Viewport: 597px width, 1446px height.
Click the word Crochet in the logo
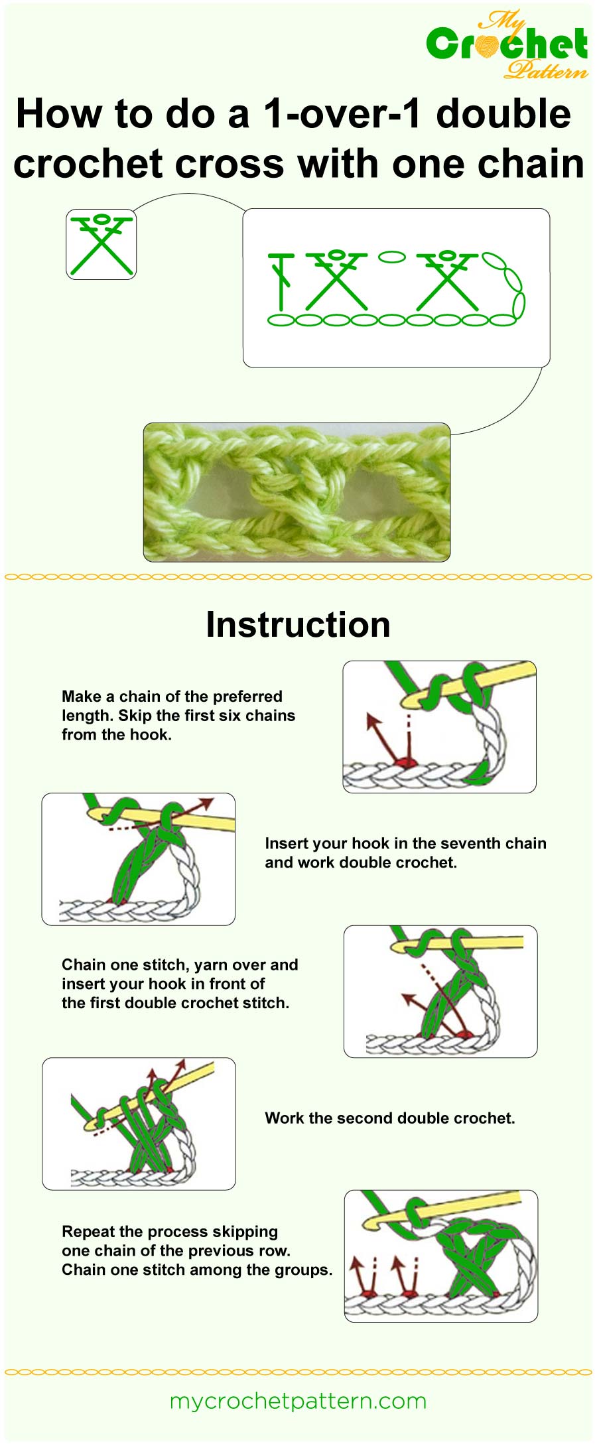coord(507,44)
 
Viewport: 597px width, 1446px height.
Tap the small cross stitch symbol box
coord(101,244)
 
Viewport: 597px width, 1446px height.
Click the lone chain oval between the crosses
coord(391,257)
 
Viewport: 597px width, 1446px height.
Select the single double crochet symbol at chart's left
coord(282,282)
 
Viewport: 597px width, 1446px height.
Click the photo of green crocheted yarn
coord(297,492)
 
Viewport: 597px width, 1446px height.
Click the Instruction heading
coord(298,625)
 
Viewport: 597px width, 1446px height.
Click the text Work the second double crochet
coord(389,1118)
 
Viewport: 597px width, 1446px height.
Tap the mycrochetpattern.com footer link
coord(298,1401)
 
